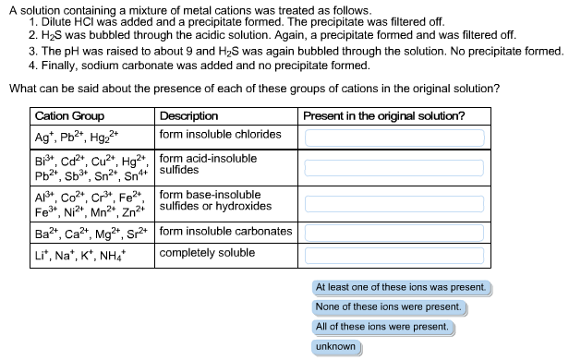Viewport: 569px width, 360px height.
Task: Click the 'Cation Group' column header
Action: coord(69,116)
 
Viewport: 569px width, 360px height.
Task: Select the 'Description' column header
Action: coord(189,116)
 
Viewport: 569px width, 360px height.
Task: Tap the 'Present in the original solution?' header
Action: coord(383,116)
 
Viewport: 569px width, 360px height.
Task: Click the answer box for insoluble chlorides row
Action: coord(395,137)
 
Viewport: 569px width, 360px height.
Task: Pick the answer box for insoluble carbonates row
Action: coord(395,232)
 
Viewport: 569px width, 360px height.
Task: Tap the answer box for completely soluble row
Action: coord(395,253)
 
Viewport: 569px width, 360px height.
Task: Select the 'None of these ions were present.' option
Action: coord(388,306)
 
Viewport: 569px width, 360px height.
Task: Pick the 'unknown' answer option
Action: coord(335,347)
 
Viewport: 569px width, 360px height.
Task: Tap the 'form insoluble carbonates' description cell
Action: coord(225,231)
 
